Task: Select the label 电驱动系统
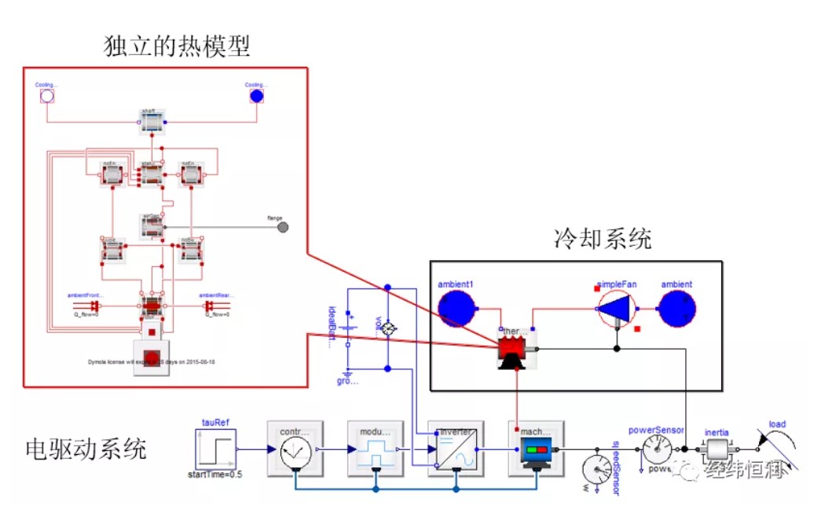86,450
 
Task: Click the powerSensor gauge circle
657,450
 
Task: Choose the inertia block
717,450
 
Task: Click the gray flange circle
283,227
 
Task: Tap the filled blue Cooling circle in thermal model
256,97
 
